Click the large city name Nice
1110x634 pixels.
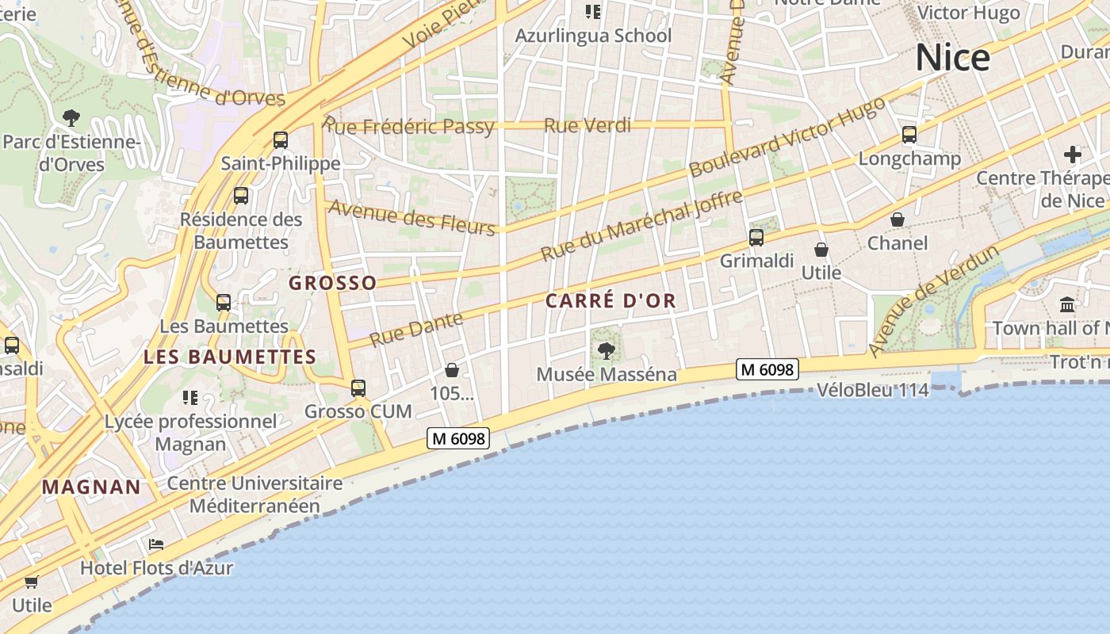point(952,58)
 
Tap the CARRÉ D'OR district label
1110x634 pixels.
point(610,300)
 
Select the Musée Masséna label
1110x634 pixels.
point(607,374)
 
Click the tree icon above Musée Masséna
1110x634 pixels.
point(607,350)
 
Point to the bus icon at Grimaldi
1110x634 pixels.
point(756,237)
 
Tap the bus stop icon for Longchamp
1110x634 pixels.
point(909,135)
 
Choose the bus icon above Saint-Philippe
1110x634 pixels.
point(281,140)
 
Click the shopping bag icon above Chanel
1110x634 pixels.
point(898,220)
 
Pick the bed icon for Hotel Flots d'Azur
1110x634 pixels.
point(156,544)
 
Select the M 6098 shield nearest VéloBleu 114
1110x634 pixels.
point(767,369)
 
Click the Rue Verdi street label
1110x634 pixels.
point(588,125)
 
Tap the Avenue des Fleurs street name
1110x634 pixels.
point(411,217)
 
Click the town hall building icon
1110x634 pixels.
point(1067,304)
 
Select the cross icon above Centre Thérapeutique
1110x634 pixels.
point(1073,154)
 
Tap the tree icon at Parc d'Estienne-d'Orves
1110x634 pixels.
point(71,118)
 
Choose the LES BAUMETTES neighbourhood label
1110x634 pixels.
point(230,357)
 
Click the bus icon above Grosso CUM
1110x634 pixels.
point(358,388)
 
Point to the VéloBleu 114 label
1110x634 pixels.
point(872,390)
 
